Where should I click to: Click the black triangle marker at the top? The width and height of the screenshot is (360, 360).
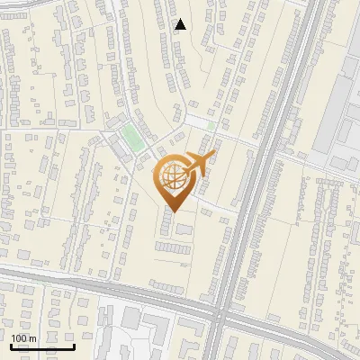click(x=181, y=24)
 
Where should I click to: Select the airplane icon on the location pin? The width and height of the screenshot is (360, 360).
click(x=196, y=164)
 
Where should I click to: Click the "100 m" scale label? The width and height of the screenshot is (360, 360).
click(x=24, y=337)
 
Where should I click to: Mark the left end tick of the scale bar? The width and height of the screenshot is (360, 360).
click(x=12, y=346)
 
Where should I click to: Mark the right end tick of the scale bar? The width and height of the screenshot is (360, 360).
click(x=75, y=346)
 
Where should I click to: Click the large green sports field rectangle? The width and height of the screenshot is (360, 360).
click(x=133, y=138)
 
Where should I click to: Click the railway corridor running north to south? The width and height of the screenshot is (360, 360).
click(x=261, y=180)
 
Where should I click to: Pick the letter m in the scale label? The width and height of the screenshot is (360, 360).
click(x=32, y=337)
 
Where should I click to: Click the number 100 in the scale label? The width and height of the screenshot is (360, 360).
click(x=19, y=337)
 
